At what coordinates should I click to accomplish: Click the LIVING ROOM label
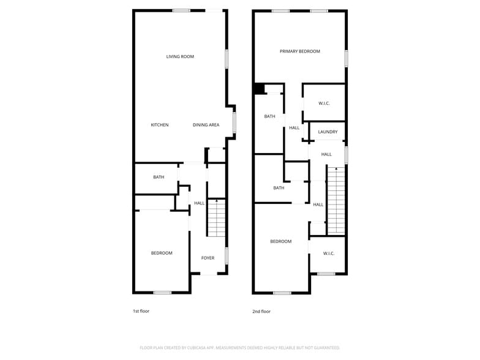coord(180,57)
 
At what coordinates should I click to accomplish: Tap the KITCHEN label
coord(160,125)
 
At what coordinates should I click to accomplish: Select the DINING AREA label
coord(206,125)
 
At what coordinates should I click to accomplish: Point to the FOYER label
coord(208,258)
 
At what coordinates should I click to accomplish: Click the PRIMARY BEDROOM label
coord(300,51)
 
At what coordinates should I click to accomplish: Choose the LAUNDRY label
coord(328,132)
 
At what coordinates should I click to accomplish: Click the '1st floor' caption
coord(141,311)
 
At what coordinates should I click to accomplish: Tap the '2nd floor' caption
coord(261,311)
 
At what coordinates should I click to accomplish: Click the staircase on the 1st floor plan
coord(216,218)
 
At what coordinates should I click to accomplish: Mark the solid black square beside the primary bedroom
coord(259,89)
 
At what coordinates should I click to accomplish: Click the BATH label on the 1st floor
coord(159,177)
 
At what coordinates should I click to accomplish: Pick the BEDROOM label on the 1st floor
coord(162,253)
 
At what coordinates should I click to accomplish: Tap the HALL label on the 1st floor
coord(200,203)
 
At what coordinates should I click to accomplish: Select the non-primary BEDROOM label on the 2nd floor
coord(281,241)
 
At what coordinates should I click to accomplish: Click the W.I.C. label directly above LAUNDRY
coord(324,103)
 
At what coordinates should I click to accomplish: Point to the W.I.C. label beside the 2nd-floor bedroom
coord(328,253)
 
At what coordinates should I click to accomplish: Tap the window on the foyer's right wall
coord(227,256)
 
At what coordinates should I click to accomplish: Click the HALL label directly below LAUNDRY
coord(326,154)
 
